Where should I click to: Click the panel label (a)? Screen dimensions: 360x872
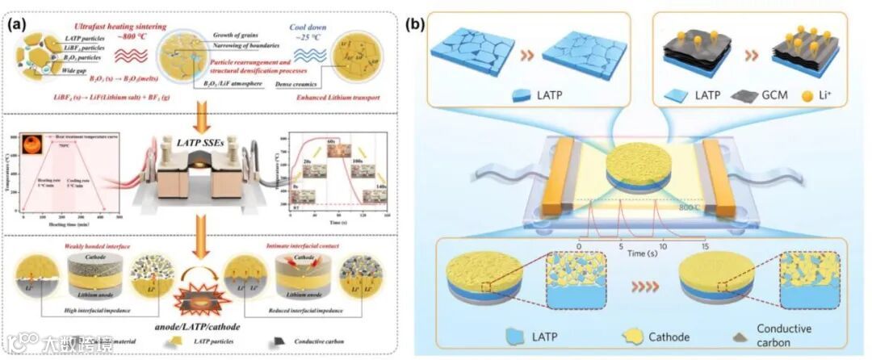[19, 23]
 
